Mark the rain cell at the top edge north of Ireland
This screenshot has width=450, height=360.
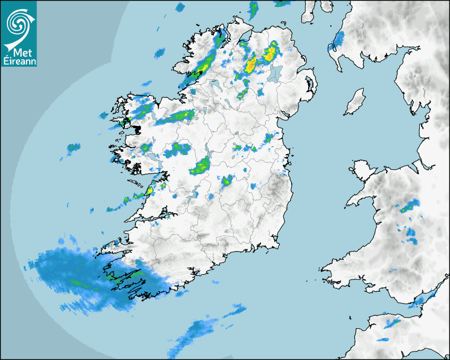(254, 8)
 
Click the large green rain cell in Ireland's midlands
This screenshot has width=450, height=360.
(201, 167)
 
